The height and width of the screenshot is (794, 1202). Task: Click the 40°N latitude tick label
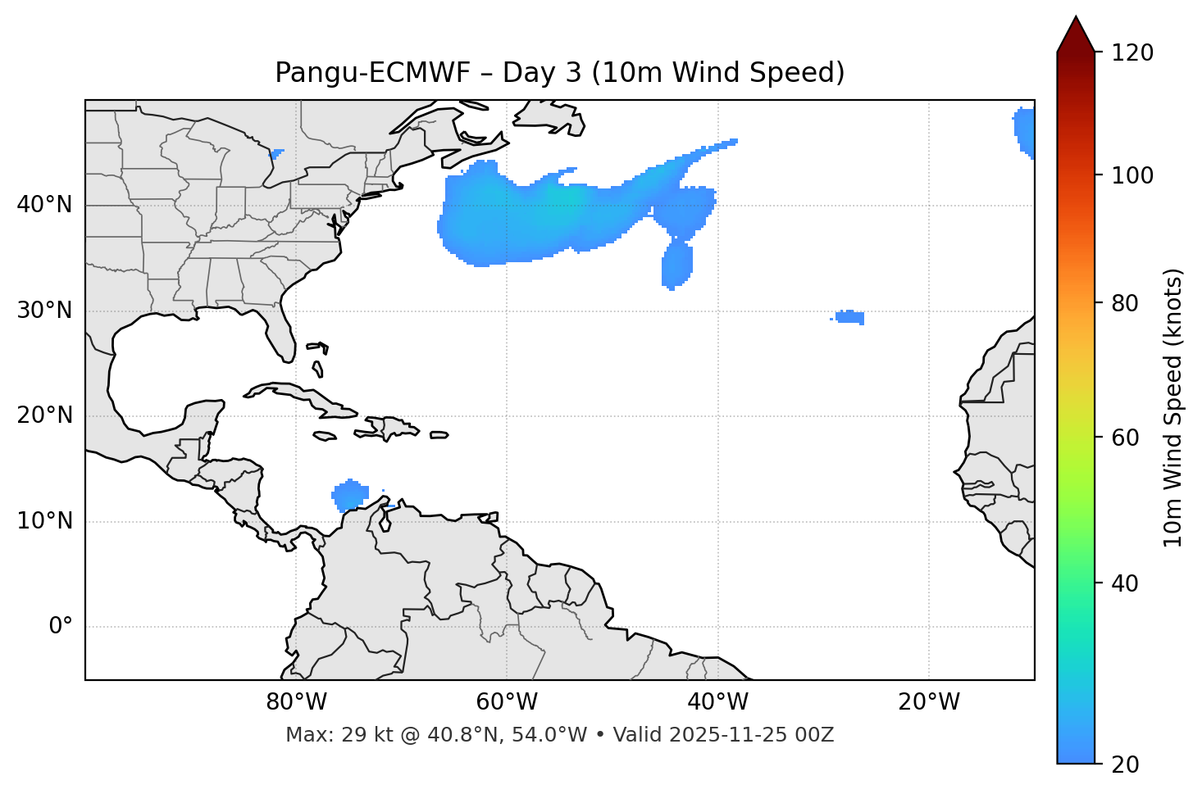click(x=44, y=205)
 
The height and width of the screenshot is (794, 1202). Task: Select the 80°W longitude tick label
click(x=296, y=702)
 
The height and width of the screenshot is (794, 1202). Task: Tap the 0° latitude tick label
click(x=61, y=627)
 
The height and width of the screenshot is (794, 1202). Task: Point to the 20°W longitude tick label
click(x=929, y=702)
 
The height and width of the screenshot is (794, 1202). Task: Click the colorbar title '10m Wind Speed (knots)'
click(x=1173, y=408)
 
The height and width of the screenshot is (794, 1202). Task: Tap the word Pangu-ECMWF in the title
click(x=372, y=73)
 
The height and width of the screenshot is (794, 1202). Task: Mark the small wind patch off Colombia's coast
click(x=351, y=495)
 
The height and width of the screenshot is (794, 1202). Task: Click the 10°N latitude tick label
click(x=44, y=521)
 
